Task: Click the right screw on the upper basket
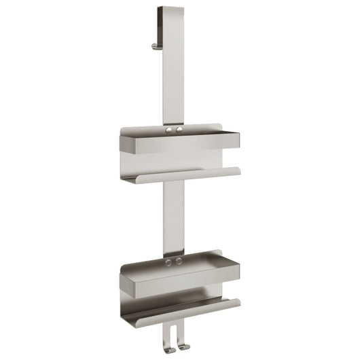pyautogui.click(x=179, y=128)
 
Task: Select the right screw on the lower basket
pyautogui.click(x=179, y=260)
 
